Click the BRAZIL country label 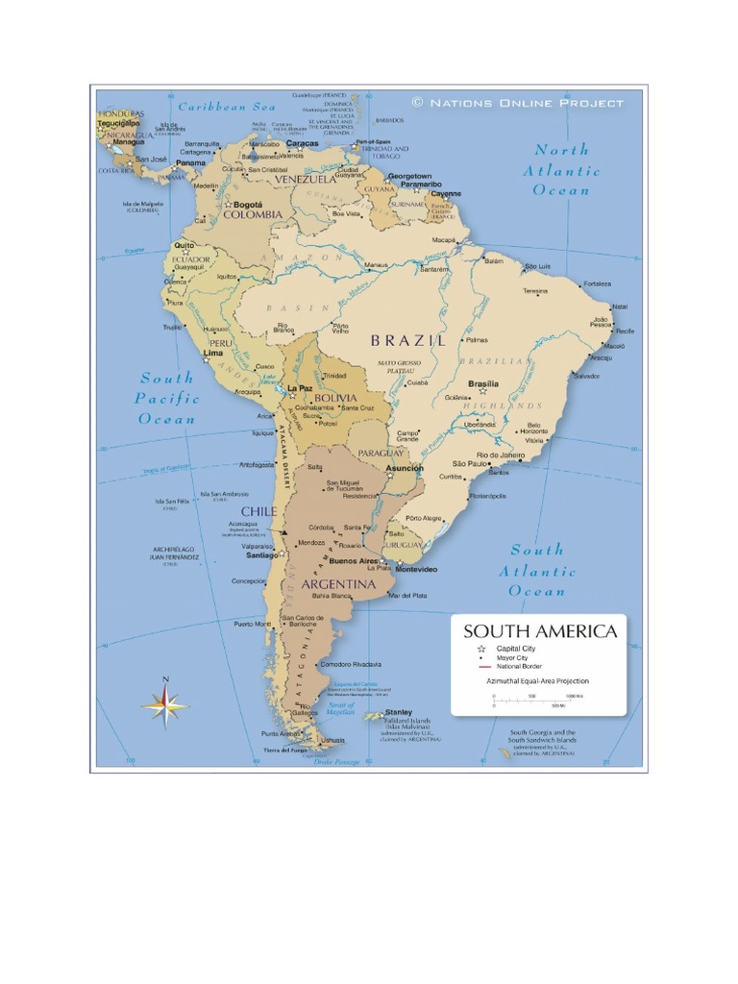click(x=408, y=340)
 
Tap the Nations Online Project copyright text click(x=517, y=103)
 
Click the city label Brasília click(x=482, y=383)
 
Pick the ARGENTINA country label click(x=337, y=583)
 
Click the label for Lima click(x=213, y=353)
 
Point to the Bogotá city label click(x=247, y=205)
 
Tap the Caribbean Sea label click(x=227, y=107)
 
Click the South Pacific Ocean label click(x=167, y=398)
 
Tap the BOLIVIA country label click(x=335, y=397)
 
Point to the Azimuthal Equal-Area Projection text click(x=538, y=680)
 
